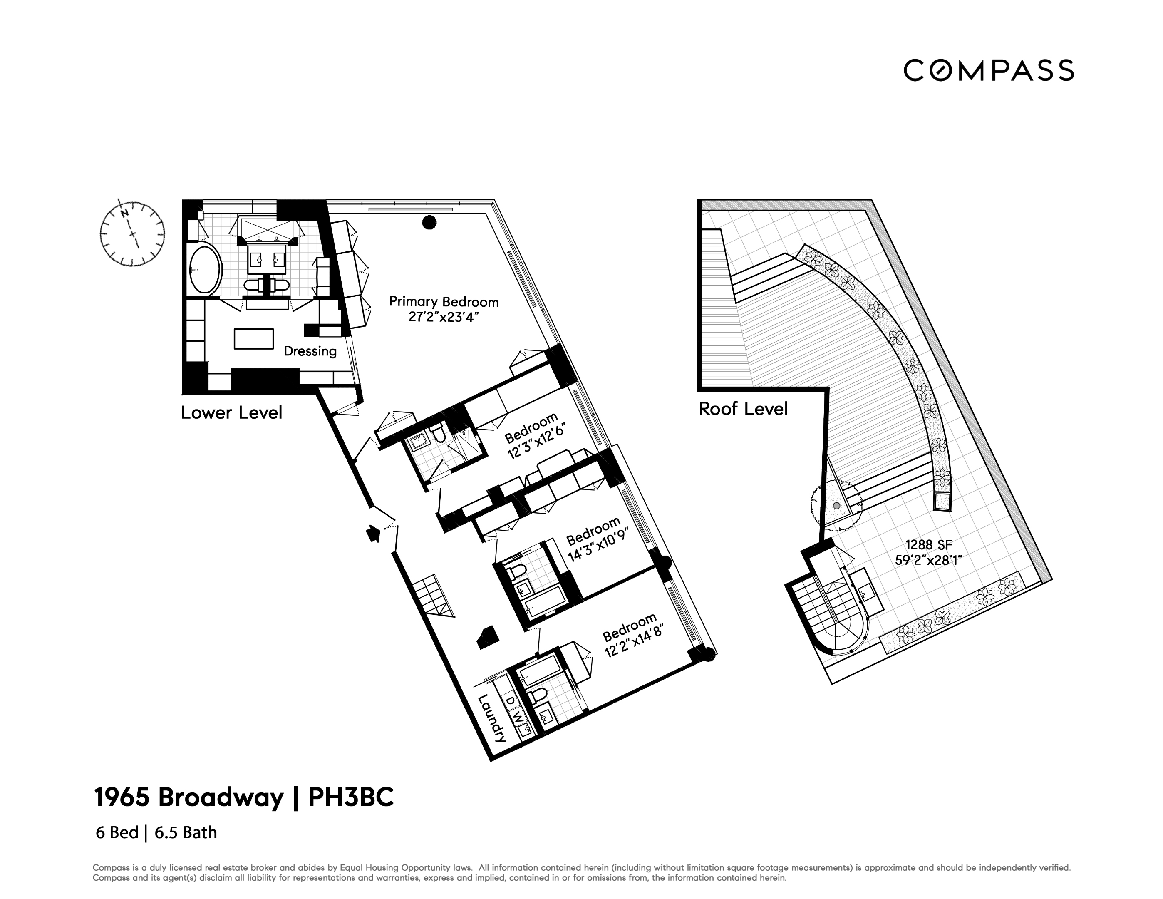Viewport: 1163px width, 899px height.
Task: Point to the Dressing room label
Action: (310, 351)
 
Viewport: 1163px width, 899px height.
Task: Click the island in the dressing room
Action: (253, 339)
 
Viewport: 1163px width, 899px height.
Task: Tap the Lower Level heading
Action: (231, 413)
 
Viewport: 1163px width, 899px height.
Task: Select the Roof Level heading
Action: (743, 409)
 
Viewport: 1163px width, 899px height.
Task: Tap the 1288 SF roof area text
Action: (928, 545)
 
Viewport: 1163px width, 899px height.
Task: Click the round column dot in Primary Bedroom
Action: (429, 223)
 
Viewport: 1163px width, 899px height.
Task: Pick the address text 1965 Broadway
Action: (188, 798)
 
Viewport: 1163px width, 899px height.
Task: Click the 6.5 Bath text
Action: (186, 832)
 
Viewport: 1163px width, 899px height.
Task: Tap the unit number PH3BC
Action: (352, 798)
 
